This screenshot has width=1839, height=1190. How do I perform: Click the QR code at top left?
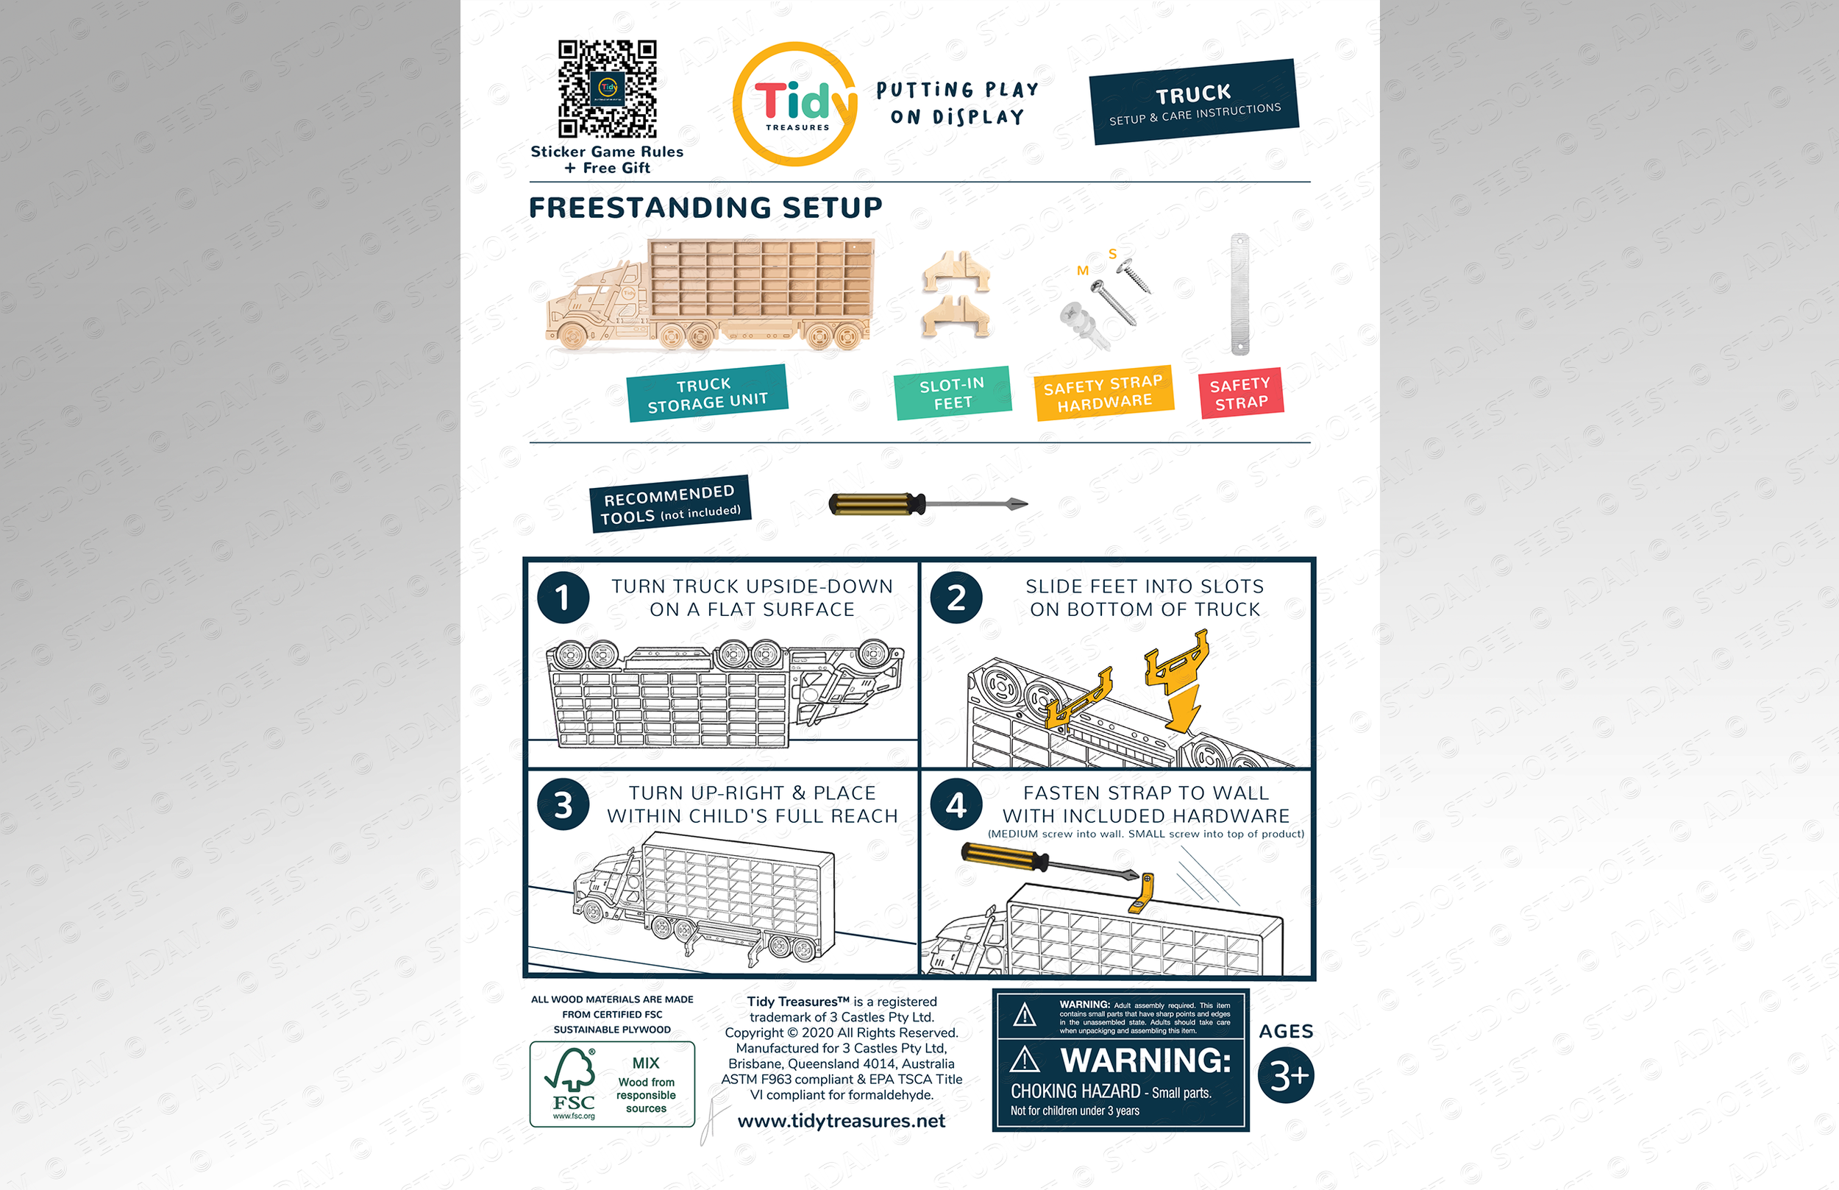607,89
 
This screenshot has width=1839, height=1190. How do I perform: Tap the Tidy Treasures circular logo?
795,105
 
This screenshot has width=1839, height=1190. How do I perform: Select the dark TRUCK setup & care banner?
1194,102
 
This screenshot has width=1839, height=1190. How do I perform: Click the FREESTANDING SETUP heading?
705,207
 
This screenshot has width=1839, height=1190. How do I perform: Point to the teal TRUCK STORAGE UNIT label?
708,393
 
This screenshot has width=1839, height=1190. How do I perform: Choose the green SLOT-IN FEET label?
953,392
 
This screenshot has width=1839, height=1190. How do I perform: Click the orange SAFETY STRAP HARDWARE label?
1103,392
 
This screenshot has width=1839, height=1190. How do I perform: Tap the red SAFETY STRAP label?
1240,392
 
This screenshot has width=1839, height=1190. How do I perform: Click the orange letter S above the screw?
1112,253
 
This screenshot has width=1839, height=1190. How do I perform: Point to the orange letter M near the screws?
1083,271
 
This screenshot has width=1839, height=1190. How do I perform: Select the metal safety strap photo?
1239,294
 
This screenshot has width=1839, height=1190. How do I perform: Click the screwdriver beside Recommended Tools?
927,505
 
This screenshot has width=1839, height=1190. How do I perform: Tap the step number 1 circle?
563,598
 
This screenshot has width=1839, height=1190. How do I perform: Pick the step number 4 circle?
956,804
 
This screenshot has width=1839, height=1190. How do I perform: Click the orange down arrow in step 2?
1183,708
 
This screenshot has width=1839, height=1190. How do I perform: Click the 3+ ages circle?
1286,1075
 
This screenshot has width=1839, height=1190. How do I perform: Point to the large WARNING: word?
1145,1060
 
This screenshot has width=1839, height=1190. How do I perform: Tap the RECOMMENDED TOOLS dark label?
670,504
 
